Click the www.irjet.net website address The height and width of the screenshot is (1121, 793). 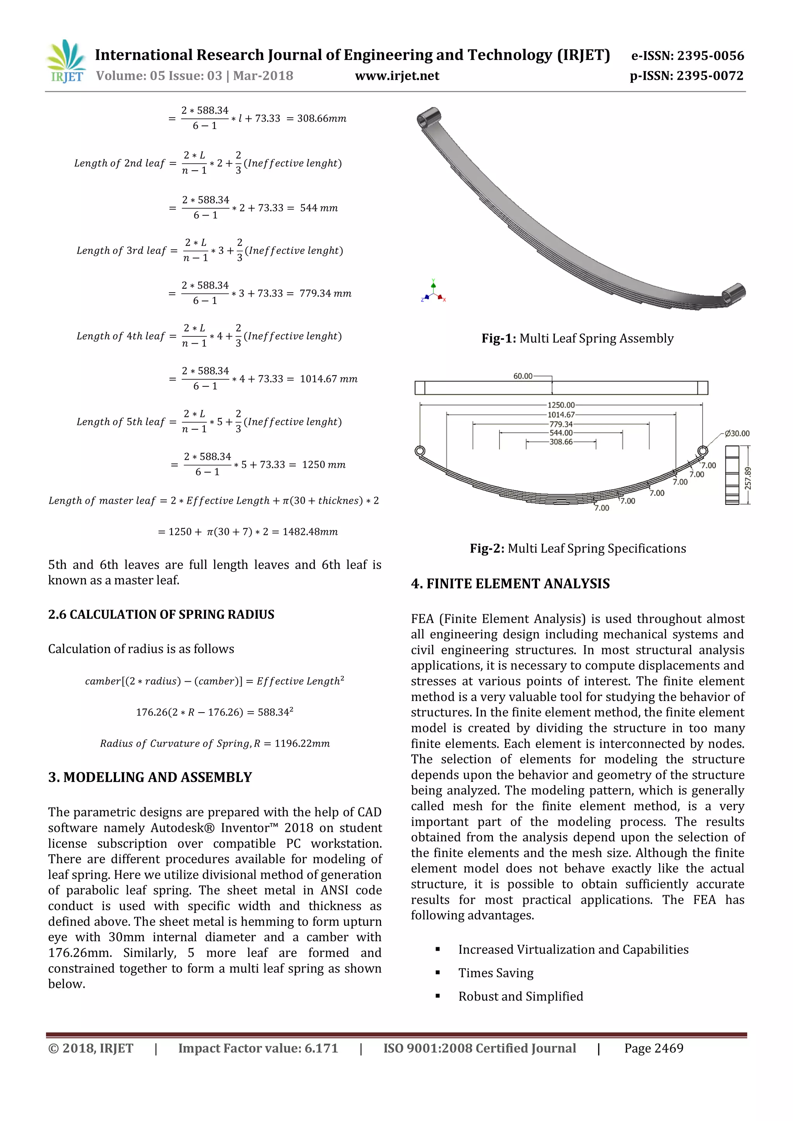click(x=397, y=76)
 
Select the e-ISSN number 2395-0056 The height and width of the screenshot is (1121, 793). click(x=688, y=56)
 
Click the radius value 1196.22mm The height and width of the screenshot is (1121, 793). click(x=302, y=744)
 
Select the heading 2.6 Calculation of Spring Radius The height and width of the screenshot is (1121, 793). click(x=161, y=614)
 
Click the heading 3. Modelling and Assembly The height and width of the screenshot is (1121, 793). click(x=150, y=777)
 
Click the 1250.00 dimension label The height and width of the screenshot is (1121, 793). click(x=561, y=405)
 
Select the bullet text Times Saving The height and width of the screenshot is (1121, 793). click(x=496, y=973)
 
